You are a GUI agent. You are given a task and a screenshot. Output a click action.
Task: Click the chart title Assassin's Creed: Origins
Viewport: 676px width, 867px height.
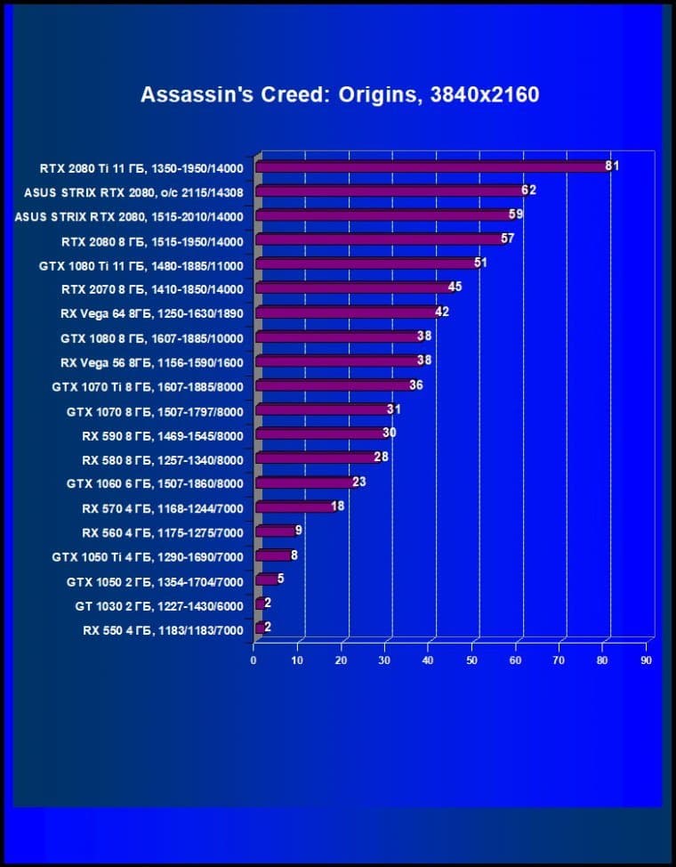(340, 94)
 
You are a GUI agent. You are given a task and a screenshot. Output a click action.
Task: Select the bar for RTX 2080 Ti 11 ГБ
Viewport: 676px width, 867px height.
(431, 166)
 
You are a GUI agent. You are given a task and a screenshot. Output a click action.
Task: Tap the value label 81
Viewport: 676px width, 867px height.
(611, 166)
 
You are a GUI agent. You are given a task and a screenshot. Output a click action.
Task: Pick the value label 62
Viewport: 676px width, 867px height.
(528, 190)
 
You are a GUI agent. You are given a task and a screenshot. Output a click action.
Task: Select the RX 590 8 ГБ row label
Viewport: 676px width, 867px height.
(162, 434)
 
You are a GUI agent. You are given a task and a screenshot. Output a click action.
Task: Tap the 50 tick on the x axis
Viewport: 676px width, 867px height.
(472, 660)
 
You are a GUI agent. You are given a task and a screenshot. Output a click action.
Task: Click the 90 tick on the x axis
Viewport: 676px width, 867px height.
(647, 660)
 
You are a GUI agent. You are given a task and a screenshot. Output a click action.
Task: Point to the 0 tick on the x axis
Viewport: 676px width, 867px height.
(253, 660)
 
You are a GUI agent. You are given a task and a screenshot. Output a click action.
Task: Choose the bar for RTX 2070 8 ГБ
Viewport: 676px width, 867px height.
(353, 288)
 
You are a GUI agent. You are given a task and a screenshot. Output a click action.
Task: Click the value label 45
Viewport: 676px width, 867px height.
(455, 287)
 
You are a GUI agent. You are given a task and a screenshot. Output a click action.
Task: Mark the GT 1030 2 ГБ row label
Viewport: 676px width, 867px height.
(158, 605)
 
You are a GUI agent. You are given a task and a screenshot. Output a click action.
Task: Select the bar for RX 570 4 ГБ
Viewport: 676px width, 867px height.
(294, 507)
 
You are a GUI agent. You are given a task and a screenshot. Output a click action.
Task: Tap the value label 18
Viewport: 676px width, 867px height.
(337, 506)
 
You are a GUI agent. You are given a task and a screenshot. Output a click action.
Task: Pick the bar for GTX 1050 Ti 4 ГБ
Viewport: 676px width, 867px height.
(273, 556)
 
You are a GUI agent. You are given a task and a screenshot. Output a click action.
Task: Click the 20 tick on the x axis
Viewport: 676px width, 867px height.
(341, 660)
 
